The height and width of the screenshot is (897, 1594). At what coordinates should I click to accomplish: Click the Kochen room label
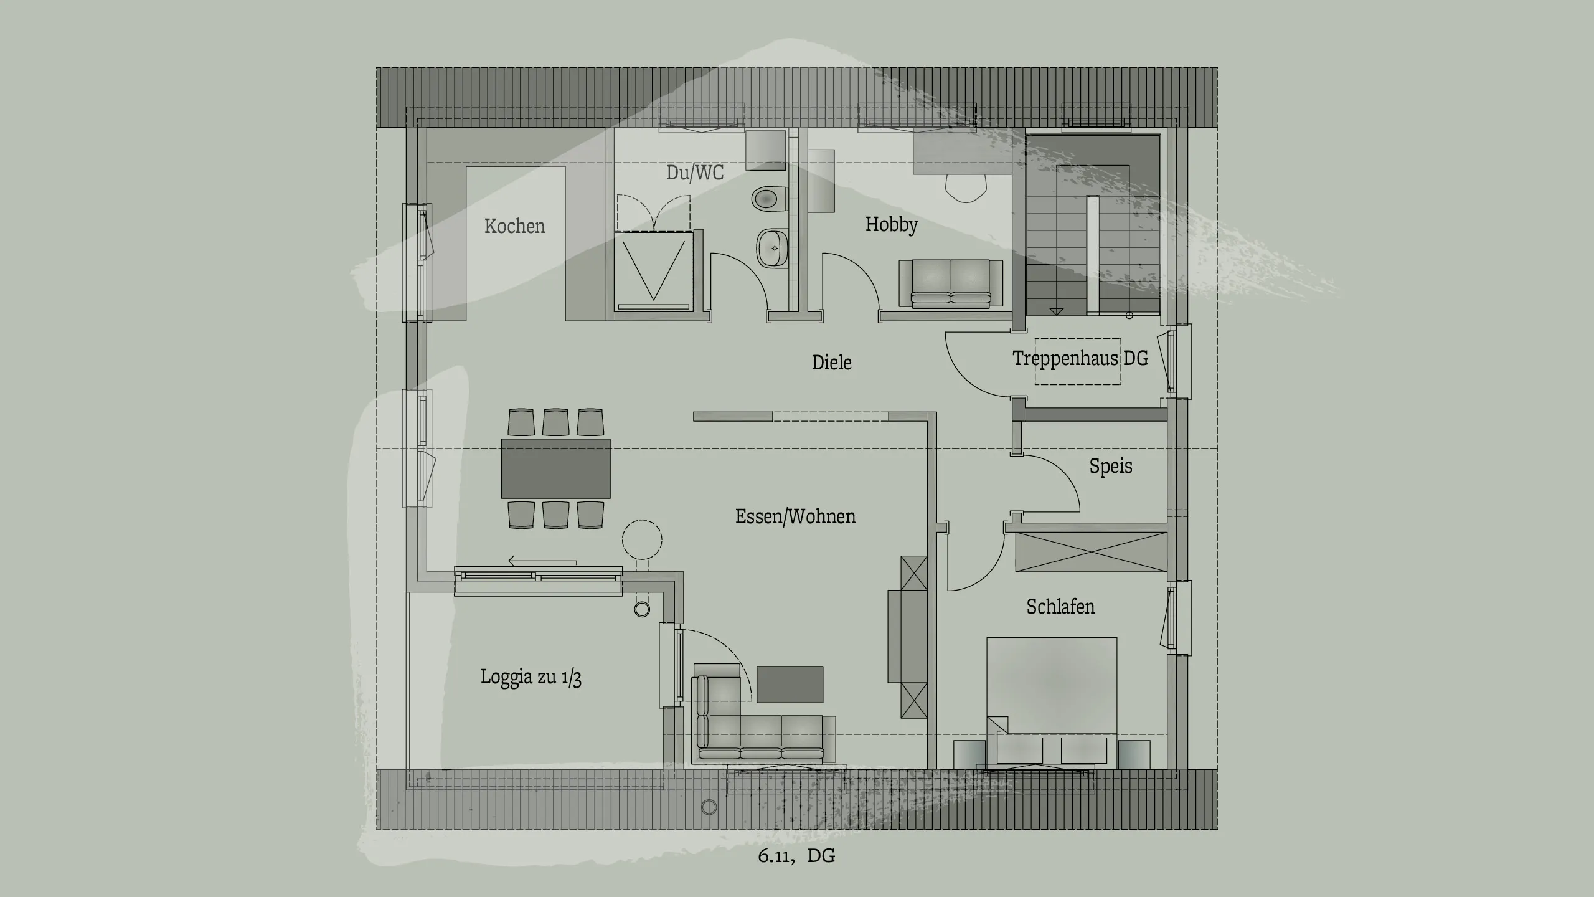tap(514, 225)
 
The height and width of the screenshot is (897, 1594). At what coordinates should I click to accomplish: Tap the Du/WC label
tap(695, 173)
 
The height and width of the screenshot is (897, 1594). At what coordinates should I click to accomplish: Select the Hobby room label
tap(891, 224)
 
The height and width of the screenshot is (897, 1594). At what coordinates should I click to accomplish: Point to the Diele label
tap(831, 362)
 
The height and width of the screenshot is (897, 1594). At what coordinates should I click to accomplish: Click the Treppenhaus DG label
tap(1080, 358)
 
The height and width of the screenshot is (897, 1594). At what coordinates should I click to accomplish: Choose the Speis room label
tap(1110, 466)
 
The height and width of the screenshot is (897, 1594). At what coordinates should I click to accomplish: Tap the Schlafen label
tap(1060, 607)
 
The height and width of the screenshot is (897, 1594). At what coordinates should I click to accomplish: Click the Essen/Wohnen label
tap(795, 516)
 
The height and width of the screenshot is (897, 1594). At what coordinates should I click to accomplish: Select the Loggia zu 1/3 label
tap(531, 677)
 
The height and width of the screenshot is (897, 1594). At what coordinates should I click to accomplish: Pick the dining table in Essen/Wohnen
tap(555, 468)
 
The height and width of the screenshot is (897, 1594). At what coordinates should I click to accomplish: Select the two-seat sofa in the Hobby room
tap(950, 283)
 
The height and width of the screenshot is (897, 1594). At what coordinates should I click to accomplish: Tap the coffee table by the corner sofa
tap(790, 684)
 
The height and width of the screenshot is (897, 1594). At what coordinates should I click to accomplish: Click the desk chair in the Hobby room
tap(966, 187)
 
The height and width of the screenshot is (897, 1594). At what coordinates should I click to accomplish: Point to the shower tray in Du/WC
tap(653, 271)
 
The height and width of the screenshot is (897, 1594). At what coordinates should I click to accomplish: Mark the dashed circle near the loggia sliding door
tap(642, 539)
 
